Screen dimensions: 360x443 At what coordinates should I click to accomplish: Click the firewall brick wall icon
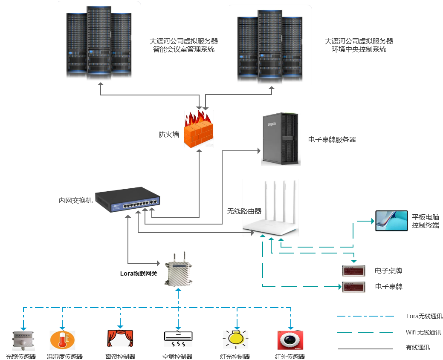[199, 130]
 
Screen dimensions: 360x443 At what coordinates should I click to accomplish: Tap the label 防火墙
[168, 135]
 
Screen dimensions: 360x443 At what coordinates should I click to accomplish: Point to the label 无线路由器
[244, 211]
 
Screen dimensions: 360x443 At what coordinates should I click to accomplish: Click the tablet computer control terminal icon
[391, 221]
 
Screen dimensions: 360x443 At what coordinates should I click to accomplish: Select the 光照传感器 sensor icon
[22, 341]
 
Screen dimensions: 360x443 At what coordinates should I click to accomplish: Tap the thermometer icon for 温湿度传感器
[62, 340]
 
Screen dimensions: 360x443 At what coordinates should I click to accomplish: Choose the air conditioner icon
[178, 339]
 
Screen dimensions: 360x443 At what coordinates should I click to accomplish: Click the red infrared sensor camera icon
[290, 340]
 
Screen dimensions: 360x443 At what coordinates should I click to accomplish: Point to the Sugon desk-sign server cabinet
[281, 139]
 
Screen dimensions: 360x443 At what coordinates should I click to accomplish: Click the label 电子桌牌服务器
[332, 139]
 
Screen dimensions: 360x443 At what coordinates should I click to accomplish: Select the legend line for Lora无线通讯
[365, 316]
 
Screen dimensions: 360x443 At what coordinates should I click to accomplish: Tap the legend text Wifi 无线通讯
[423, 332]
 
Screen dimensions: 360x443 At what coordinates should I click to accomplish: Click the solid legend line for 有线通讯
[365, 349]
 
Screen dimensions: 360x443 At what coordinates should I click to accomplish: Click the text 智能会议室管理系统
[183, 49]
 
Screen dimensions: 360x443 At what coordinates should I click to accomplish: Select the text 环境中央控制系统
[359, 49]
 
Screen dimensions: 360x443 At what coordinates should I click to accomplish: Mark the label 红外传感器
[290, 357]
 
